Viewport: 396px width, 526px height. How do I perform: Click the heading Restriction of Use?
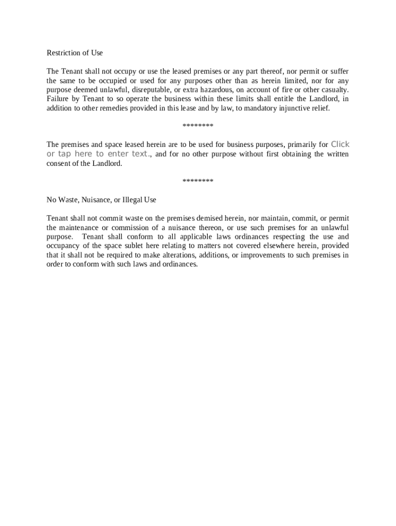75,53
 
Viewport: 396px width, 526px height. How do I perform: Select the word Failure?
59,99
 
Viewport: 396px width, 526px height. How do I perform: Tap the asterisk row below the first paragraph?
198,126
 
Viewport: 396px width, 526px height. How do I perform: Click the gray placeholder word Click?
340,144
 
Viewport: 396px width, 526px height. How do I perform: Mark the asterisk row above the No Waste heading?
198,181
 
